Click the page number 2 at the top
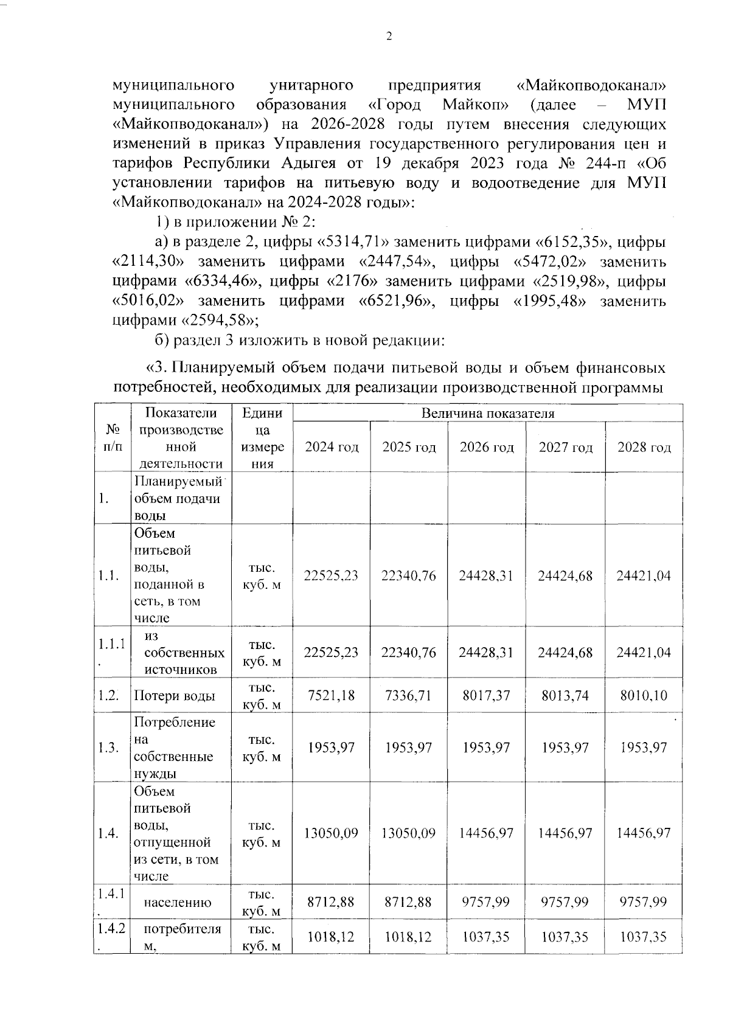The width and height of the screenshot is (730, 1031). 389,36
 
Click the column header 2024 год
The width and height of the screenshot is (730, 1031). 332,448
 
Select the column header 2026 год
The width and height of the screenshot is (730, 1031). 487,448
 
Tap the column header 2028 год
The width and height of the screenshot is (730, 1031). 644,448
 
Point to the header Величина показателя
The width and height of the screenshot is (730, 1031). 488,414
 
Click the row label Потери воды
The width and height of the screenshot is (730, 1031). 175,696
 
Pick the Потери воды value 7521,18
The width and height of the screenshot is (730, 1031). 332,695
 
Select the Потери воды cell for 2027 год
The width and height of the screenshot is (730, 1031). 565,695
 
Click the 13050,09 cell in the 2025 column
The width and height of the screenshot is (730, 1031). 409,833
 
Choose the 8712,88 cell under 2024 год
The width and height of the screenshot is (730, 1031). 332,902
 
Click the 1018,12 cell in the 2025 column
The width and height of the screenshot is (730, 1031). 409,937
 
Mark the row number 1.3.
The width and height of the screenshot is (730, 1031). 108,748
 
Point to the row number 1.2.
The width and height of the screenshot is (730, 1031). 108,696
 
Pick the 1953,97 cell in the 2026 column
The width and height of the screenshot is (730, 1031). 487,748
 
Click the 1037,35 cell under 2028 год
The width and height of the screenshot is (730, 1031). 644,937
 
